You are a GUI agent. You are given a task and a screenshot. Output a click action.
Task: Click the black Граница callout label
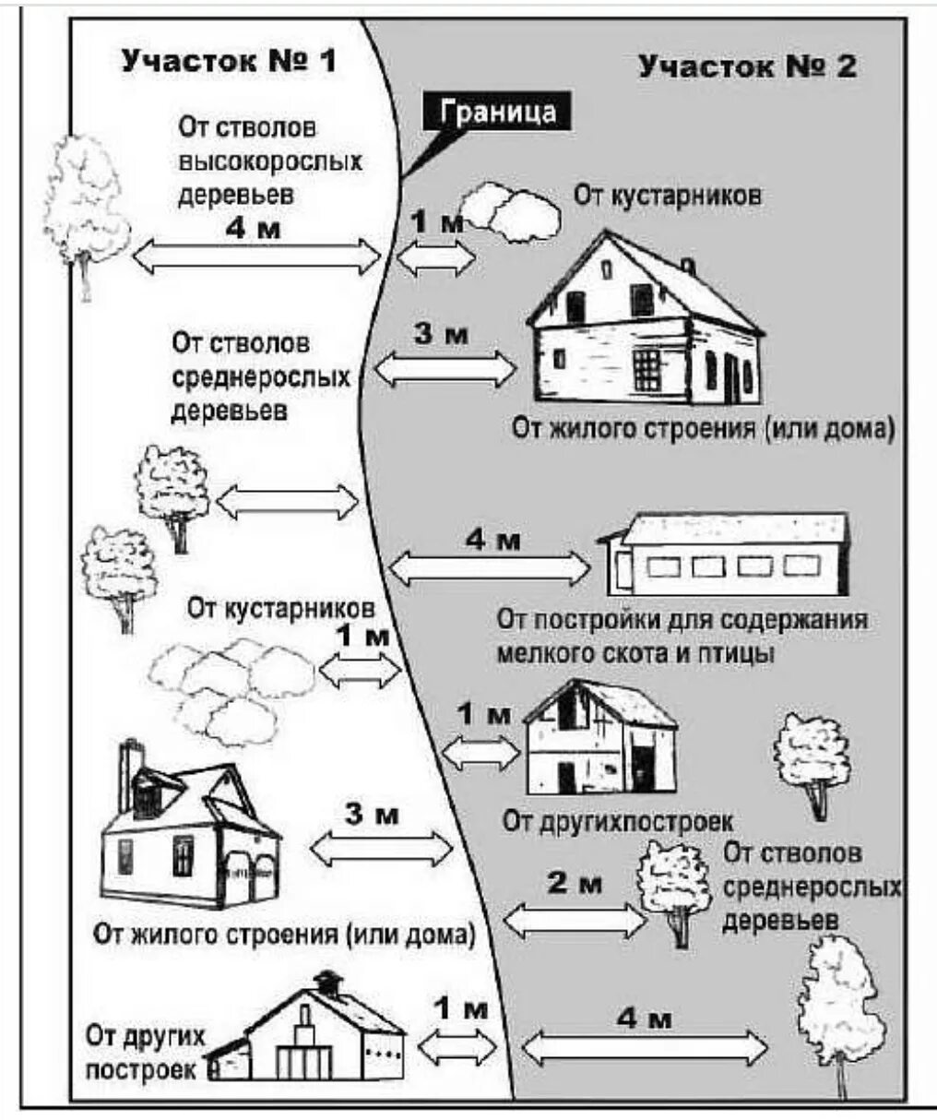pos(499,112)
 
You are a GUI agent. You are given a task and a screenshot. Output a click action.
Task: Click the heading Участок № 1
pos(229,61)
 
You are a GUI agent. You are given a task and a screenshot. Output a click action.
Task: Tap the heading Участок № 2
pos(747,66)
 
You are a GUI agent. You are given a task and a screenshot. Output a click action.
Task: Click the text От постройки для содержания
pos(682,619)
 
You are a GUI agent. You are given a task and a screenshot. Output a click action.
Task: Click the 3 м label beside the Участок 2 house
pos(440,333)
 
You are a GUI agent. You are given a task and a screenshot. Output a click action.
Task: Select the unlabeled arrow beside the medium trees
pos(287,502)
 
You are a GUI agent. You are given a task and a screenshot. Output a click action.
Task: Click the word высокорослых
pos(270,161)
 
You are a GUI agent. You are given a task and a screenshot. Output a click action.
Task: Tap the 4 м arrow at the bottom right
pos(645,1047)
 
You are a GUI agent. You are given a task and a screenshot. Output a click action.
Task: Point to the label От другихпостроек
pos(617,820)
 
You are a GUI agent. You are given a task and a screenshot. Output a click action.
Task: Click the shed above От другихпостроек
pos(600,738)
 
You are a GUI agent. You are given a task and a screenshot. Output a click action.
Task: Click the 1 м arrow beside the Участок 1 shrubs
pos(359,671)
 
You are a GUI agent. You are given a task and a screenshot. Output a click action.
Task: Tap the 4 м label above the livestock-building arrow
pos(492,540)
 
